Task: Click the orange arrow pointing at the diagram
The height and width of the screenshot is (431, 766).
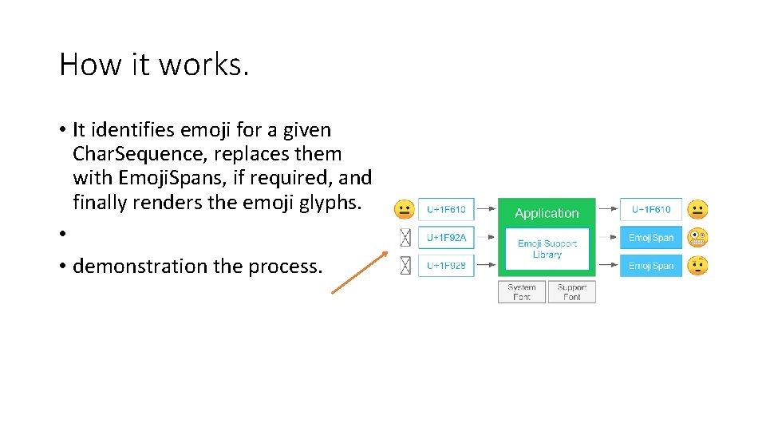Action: [359, 274]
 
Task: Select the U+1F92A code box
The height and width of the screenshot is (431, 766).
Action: [446, 237]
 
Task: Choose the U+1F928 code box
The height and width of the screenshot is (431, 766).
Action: [446, 265]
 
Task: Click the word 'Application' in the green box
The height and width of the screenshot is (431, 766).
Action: [547, 213]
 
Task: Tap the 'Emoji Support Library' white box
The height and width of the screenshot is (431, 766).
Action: [547, 249]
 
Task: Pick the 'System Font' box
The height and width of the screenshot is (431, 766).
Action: [522, 292]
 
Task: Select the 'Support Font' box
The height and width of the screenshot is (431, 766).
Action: [571, 292]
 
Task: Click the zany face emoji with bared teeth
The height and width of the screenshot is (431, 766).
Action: [697, 237]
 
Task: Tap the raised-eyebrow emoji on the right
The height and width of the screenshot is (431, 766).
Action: [697, 265]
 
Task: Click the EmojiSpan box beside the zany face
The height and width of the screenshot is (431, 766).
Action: [651, 237]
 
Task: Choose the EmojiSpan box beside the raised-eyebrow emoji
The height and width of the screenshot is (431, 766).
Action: [651, 265]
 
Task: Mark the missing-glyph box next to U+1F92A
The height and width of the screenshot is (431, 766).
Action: [405, 237]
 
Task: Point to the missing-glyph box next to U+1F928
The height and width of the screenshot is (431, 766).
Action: [405, 265]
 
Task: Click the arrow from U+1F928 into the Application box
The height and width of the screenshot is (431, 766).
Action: [486, 265]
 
